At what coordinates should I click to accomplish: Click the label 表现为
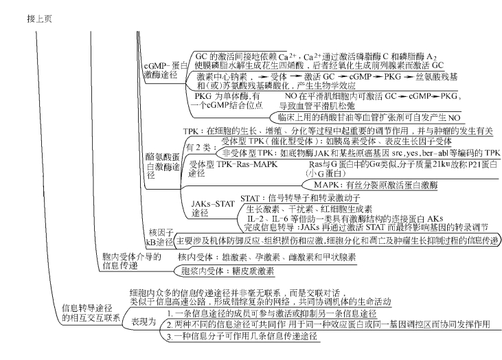tap(144, 321)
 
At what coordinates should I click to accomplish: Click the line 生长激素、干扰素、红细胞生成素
tap(309, 208)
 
